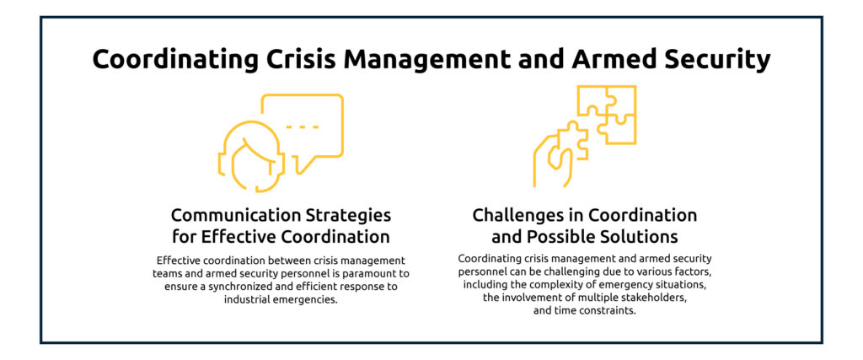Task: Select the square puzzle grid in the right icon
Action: [x=606, y=114]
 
